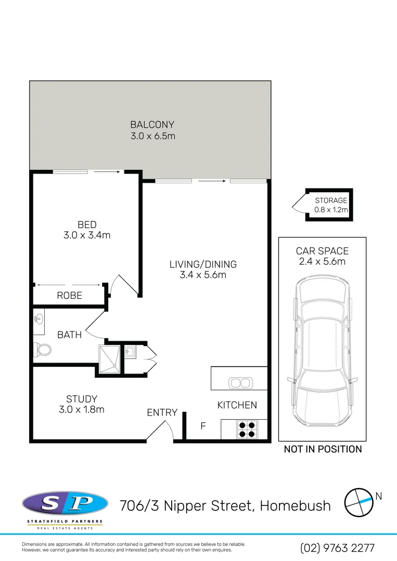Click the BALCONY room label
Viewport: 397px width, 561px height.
tap(152, 125)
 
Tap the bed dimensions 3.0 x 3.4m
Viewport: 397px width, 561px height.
tap(87, 235)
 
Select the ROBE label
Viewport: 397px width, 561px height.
tap(69, 296)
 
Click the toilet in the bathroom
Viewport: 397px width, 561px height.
tap(43, 350)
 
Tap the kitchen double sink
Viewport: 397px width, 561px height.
tap(239, 383)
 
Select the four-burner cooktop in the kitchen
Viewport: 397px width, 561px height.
tap(247, 429)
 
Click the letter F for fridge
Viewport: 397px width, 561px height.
tap(203, 426)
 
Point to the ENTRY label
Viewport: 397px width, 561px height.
tap(162, 412)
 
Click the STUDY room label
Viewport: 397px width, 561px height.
tap(81, 399)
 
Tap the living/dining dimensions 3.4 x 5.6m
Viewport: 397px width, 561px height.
tap(203, 275)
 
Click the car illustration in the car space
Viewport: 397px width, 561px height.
tap(322, 353)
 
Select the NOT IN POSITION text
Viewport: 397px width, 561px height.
tap(323, 449)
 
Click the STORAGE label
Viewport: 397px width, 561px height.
tap(331, 201)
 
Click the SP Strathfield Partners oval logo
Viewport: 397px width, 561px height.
tap(65, 503)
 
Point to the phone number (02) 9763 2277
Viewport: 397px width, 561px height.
tap(337, 548)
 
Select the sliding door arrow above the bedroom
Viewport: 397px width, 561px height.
tap(107, 171)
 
